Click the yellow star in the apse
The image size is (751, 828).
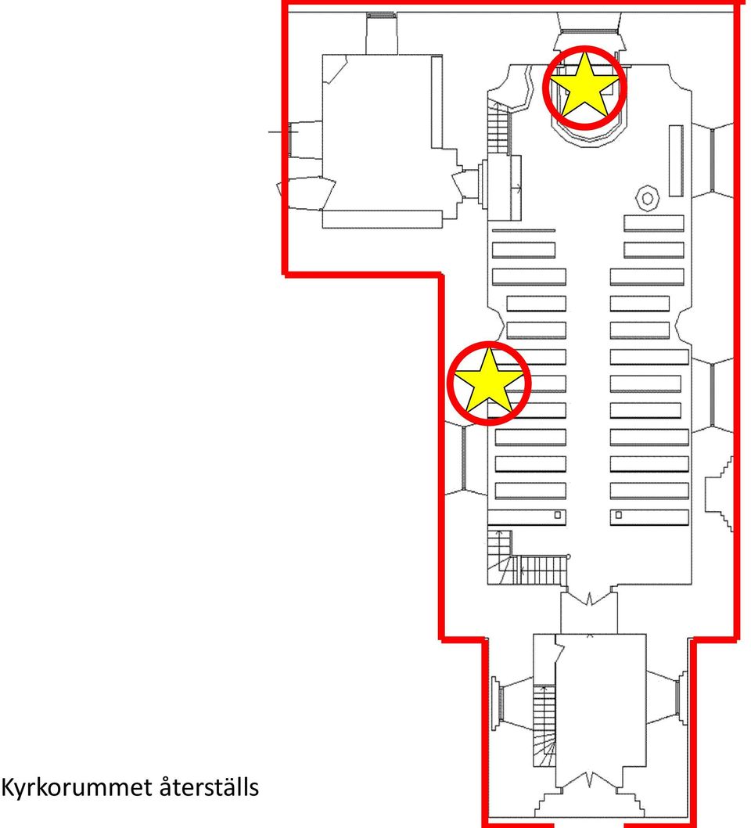click(584, 87)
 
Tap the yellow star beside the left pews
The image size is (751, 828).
click(489, 383)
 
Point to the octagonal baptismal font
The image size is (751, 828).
click(647, 198)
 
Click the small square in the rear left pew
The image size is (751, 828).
click(557, 515)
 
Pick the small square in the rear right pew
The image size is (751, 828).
click(619, 515)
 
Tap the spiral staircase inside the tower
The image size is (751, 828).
click(544, 726)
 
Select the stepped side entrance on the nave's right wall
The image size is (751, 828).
click(719, 494)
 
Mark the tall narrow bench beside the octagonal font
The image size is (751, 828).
click(676, 160)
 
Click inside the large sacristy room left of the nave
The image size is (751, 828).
click(376, 132)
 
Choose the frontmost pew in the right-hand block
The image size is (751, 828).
click(654, 223)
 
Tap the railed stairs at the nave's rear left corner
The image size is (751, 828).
click(528, 560)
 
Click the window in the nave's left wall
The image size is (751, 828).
click(465, 458)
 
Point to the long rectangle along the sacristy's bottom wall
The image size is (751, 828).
click(382, 219)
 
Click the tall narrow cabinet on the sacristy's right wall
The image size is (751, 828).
click(437, 102)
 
